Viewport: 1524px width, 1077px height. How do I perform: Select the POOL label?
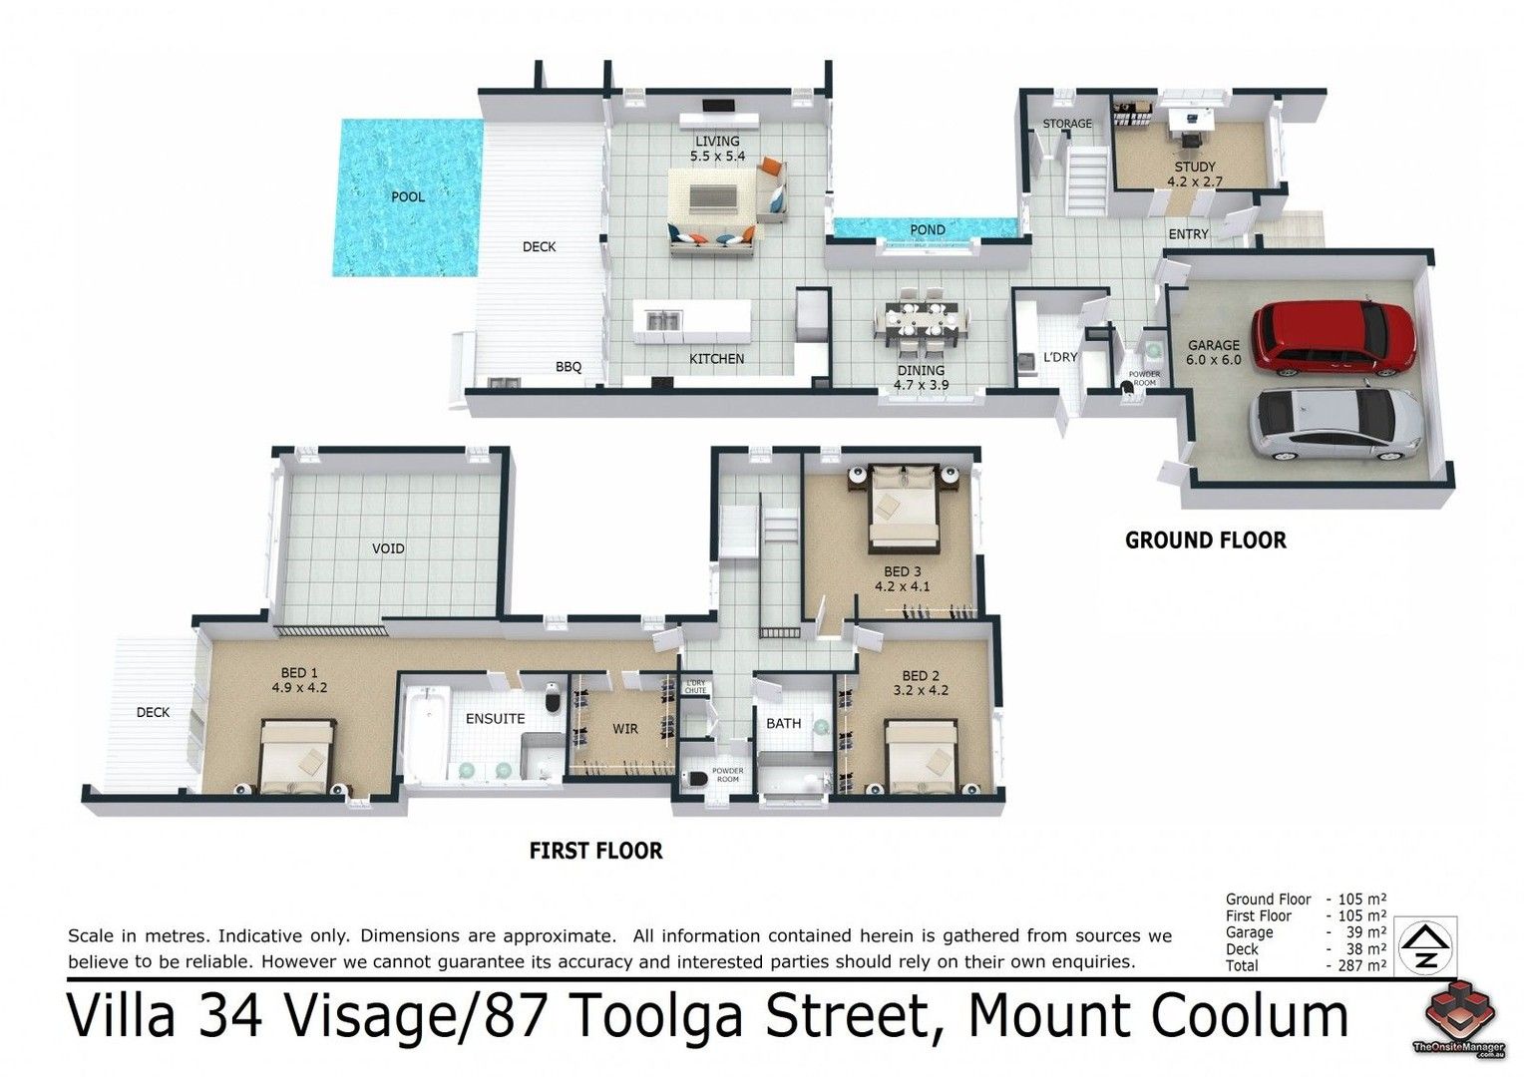pyautogui.click(x=407, y=196)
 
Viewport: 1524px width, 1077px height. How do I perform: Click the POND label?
pyautogui.click(x=927, y=229)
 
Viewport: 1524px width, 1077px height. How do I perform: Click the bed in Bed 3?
pyautogui.click(x=905, y=509)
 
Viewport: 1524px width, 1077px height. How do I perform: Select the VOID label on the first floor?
pyautogui.click(x=388, y=548)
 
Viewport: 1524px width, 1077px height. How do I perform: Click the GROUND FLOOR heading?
pyautogui.click(x=1205, y=540)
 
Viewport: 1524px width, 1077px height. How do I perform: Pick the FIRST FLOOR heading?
pyautogui.click(x=595, y=851)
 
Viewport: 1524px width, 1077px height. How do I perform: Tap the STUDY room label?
pyautogui.click(x=1194, y=168)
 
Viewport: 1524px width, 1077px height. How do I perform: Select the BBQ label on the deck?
pyautogui.click(x=568, y=367)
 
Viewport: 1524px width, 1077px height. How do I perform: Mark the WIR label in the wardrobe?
pyautogui.click(x=624, y=729)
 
